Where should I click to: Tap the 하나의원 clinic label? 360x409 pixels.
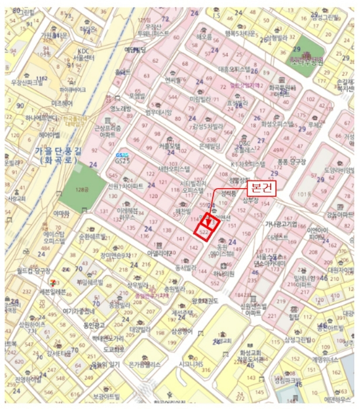[x=224, y=273]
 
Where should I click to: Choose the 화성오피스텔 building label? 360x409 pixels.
[x=277, y=124]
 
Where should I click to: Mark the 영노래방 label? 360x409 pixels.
[x=120, y=109]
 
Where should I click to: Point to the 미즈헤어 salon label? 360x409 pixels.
[x=62, y=103]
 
